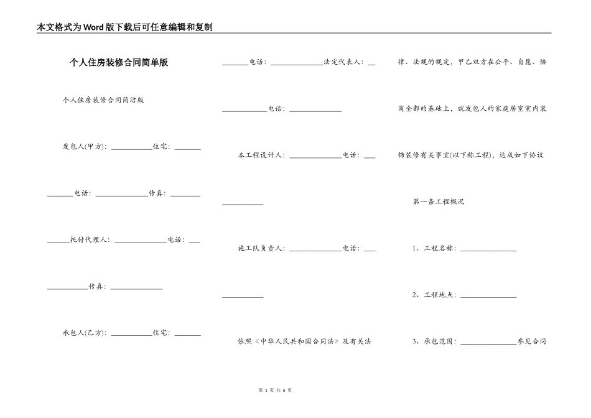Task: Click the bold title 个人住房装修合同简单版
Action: (x=119, y=63)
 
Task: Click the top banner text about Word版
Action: (x=125, y=27)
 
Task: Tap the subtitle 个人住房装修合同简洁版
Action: (x=103, y=100)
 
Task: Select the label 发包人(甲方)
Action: (x=85, y=147)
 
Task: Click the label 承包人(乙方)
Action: (x=85, y=333)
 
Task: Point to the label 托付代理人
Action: (x=90, y=239)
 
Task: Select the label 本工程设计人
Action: (x=261, y=156)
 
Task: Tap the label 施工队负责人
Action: (x=261, y=248)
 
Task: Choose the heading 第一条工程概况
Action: (x=439, y=202)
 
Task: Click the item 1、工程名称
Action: (x=434, y=248)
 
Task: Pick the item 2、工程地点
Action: (x=434, y=295)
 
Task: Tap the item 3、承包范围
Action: (x=434, y=341)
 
